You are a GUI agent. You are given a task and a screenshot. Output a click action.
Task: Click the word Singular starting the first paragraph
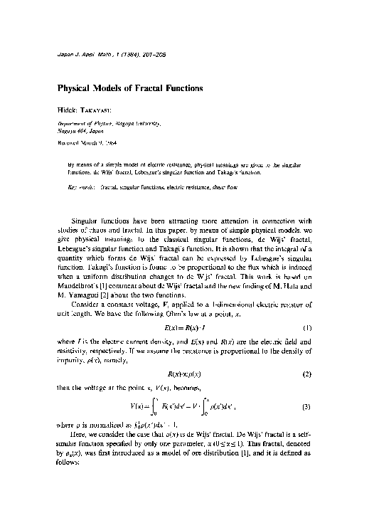tap(88, 221)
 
